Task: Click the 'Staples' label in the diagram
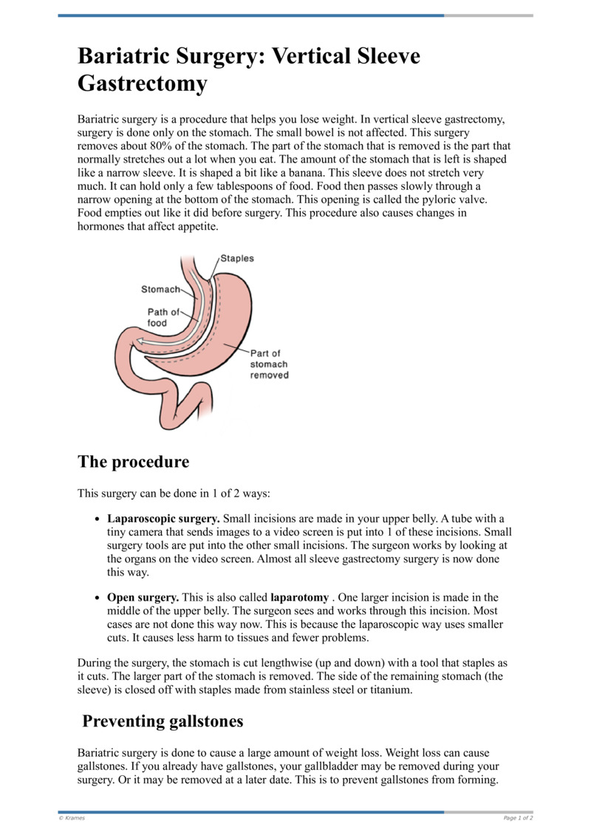click(237, 259)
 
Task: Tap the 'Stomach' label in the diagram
click(160, 290)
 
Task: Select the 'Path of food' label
click(163, 317)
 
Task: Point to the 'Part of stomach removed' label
click(269, 364)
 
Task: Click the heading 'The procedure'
click(133, 462)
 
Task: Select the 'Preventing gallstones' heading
click(163, 720)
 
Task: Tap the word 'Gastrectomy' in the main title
click(143, 84)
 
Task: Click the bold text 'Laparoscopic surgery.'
click(163, 519)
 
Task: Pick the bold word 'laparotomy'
click(299, 597)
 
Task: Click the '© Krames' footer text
click(72, 818)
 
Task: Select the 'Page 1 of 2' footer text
click(518, 818)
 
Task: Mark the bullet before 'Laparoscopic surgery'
click(98, 519)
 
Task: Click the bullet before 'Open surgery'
click(98, 598)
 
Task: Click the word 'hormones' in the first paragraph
click(101, 227)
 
